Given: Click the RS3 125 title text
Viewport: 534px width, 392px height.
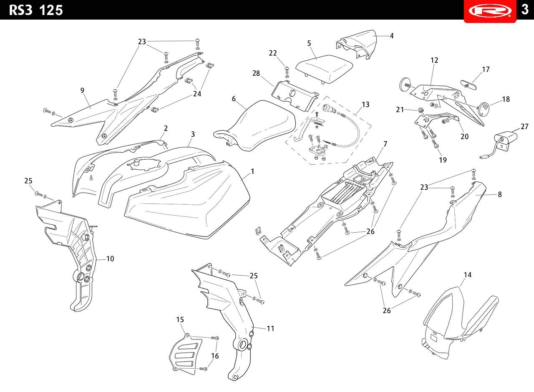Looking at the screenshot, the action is pos(36,10).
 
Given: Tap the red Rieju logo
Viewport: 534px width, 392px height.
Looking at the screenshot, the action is pos(490,11).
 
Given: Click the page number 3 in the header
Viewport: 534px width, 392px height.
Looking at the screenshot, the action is pos(524,10).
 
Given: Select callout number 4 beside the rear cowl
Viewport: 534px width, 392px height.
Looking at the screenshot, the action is pos(391,36).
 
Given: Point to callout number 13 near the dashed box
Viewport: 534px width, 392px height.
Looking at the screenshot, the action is pos(365,104).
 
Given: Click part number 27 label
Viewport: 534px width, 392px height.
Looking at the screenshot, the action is pos(524,126).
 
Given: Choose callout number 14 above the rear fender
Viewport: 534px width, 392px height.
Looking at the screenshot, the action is pos(468,275).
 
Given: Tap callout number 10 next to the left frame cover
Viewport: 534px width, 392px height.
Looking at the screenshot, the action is pos(110,259).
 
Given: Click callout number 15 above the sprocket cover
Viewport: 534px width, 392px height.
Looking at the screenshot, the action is pos(180,319).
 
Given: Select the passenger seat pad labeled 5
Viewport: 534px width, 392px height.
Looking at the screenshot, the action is pos(325,69).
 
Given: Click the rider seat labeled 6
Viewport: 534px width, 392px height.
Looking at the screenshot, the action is pos(254,126).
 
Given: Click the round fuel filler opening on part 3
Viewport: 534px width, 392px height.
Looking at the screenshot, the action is pos(143,164).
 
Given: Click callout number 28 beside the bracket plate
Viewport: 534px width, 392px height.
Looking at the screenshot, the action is pos(256,73).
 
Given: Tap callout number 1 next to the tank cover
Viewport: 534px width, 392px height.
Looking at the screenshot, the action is pos(252,171).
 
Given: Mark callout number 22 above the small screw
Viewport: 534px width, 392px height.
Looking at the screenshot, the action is pos(273,53).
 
